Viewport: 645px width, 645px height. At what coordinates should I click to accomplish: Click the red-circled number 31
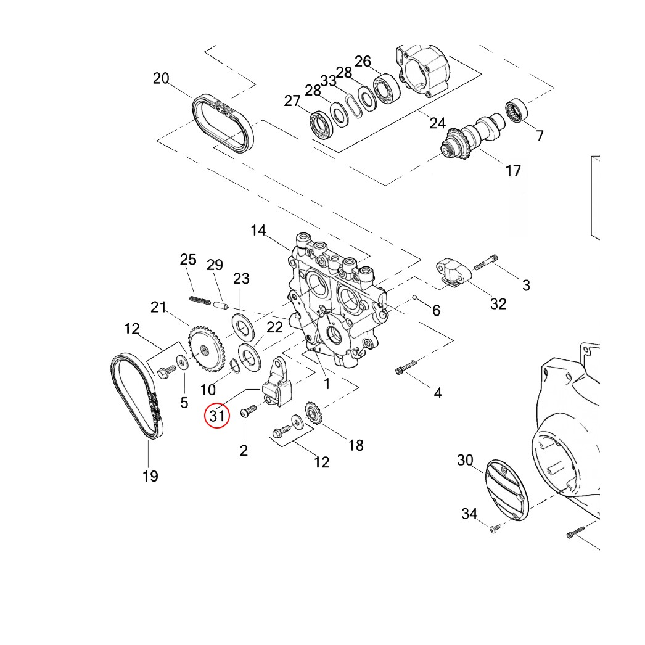[217, 416]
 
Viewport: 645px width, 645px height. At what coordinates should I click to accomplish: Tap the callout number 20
[161, 79]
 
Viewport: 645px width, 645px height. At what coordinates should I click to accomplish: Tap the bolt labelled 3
[487, 262]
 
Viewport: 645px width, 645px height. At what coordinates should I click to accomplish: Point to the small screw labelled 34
[493, 528]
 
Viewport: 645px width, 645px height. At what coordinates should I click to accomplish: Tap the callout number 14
[258, 230]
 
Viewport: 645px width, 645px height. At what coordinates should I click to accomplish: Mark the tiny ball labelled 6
[416, 299]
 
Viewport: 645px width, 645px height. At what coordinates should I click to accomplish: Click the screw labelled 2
[249, 411]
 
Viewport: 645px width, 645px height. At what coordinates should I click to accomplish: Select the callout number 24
[437, 123]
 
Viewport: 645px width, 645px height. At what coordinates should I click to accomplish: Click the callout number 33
[328, 81]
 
